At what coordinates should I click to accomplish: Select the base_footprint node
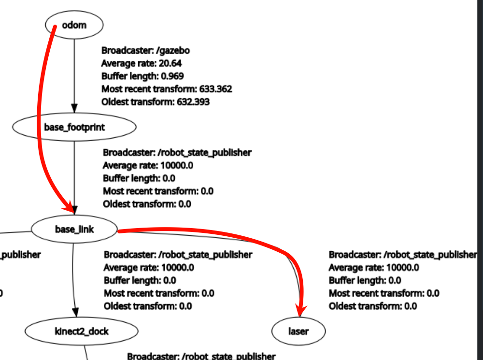[74, 127]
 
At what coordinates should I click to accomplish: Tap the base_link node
[74, 229]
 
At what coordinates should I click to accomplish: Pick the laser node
[298, 331]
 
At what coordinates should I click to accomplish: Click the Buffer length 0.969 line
[142, 76]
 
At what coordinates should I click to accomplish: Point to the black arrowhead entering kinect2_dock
[75, 313]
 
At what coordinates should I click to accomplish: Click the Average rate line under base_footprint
[148, 165]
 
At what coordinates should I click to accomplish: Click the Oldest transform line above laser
[372, 306]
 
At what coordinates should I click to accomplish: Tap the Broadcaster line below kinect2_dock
[201, 356]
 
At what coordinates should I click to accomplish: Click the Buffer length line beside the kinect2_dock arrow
[140, 280]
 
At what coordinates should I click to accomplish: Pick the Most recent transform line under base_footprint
[158, 191]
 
